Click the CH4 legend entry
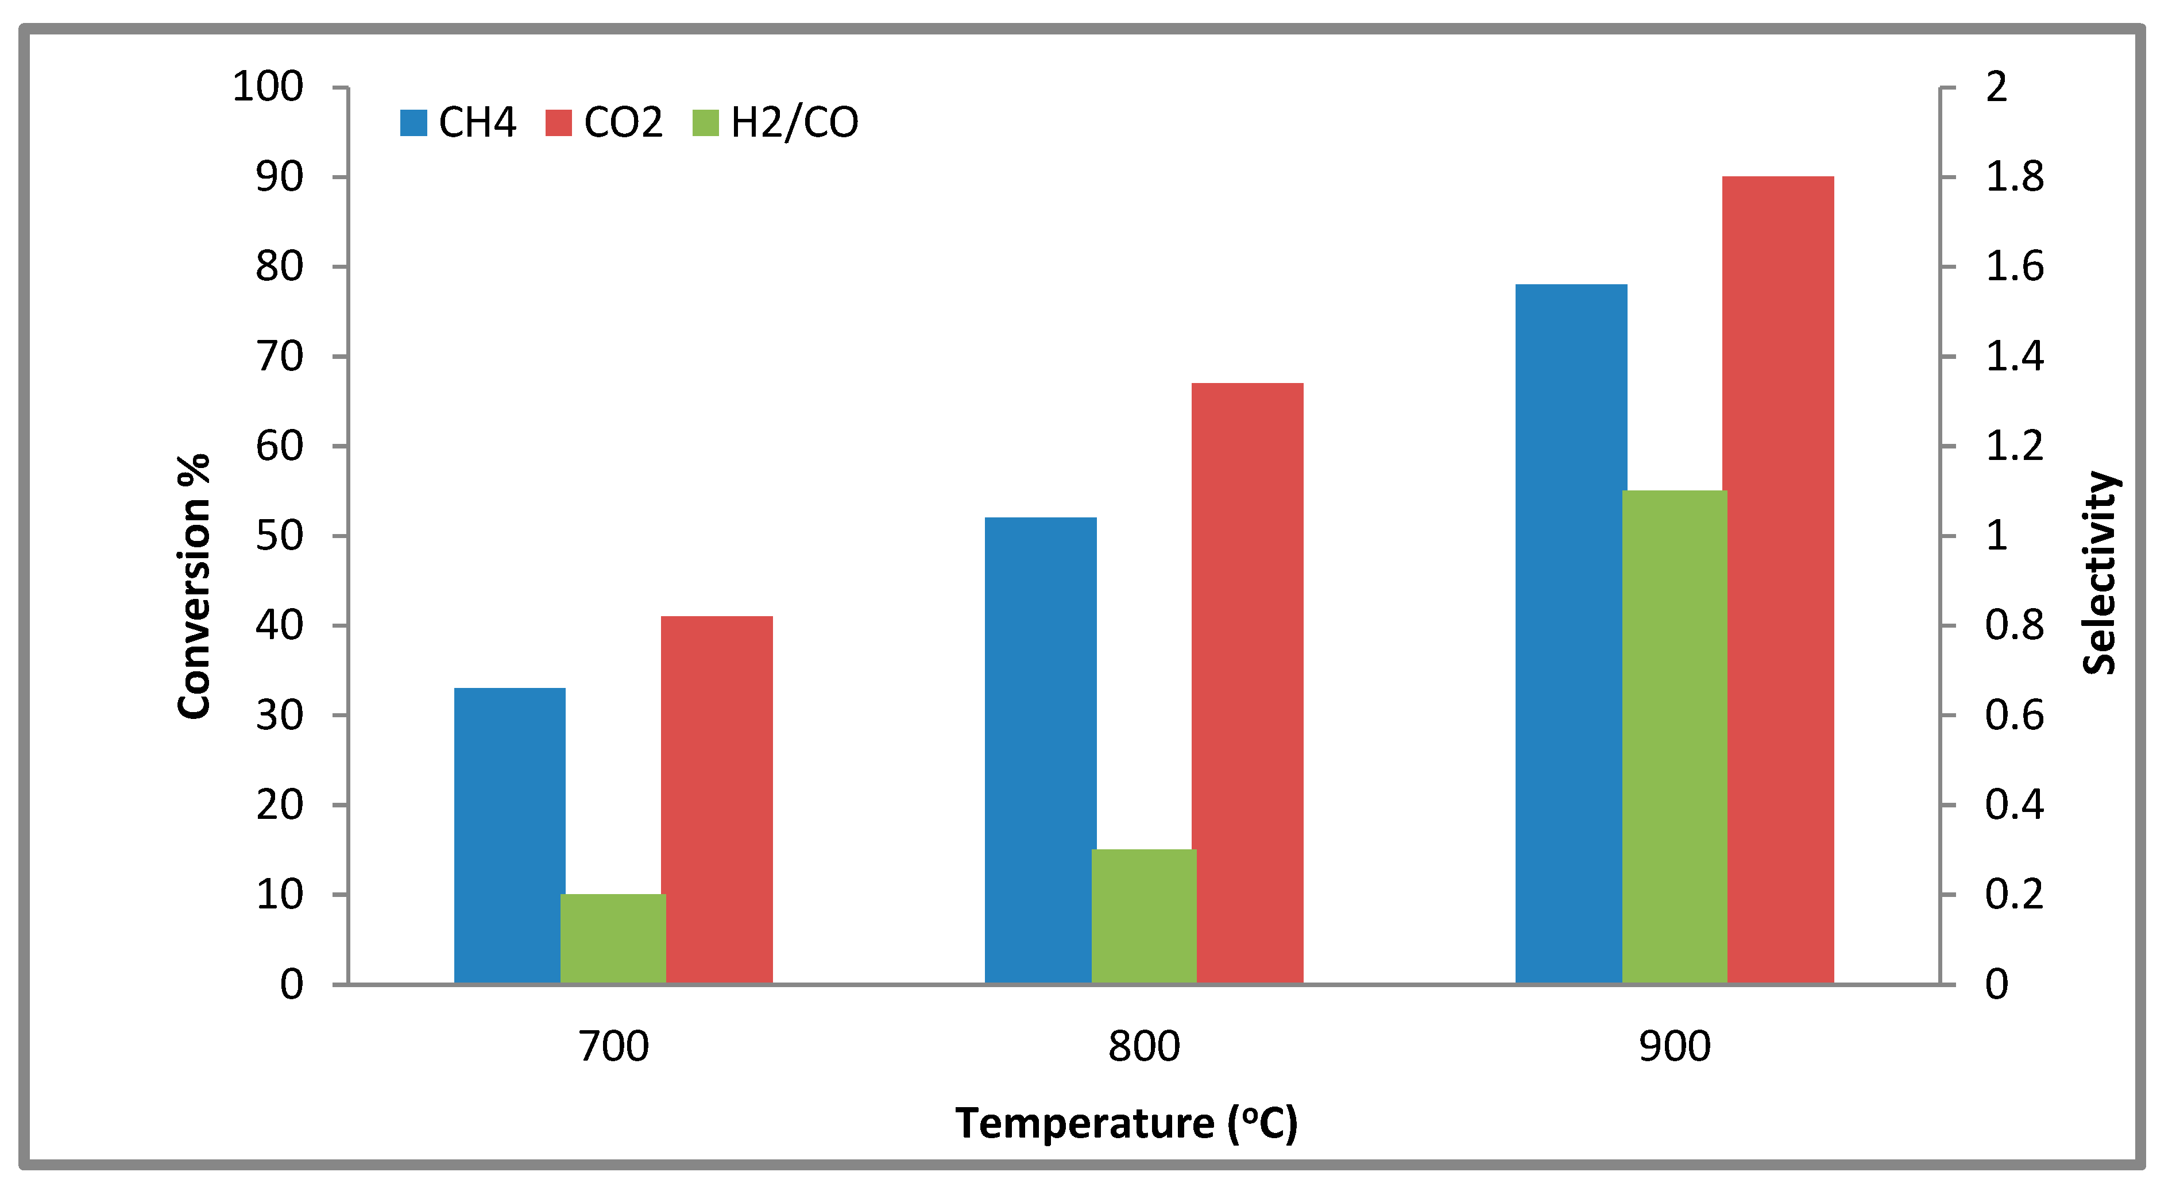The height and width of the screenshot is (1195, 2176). (459, 122)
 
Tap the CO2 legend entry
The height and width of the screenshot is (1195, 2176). (605, 122)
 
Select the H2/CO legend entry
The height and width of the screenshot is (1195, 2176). (775, 122)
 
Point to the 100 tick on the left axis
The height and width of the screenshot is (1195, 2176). (268, 87)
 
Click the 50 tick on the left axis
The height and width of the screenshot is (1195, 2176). (280, 535)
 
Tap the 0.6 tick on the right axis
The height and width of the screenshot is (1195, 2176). (2015, 716)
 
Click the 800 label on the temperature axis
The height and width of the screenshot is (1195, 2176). (1144, 1046)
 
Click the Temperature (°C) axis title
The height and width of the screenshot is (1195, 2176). (1126, 1123)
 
